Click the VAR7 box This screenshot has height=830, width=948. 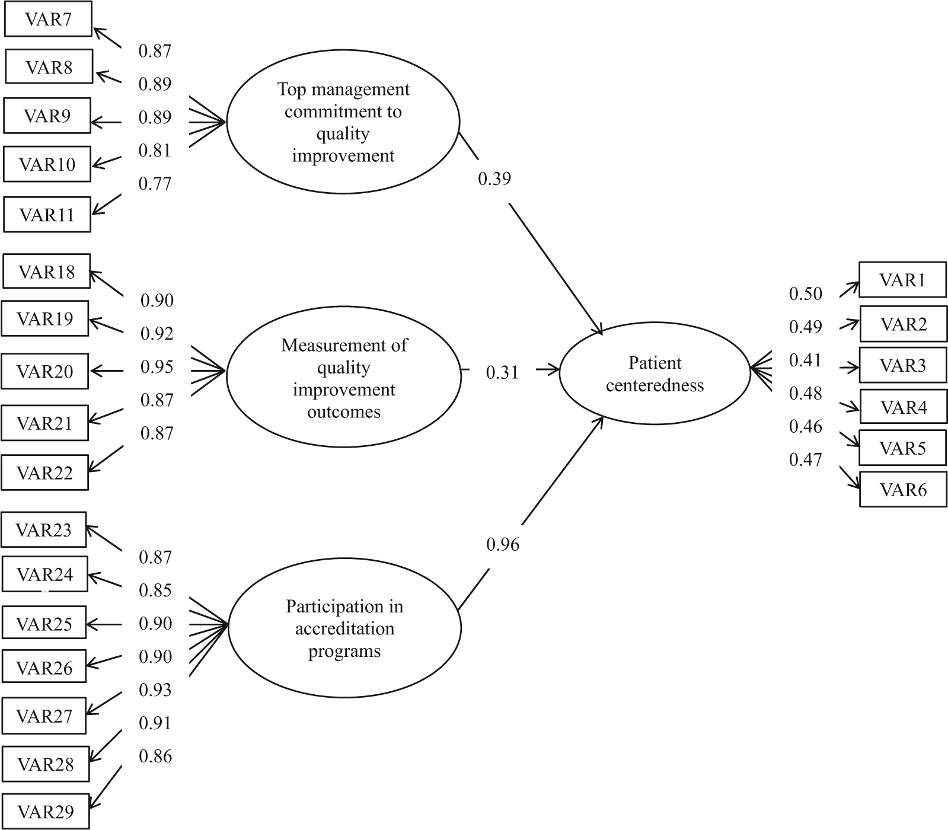click(48, 20)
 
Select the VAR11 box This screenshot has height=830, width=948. click(47, 214)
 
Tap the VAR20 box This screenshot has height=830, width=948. click(45, 371)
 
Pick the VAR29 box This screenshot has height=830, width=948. click(46, 811)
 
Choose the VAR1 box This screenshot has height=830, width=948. click(902, 279)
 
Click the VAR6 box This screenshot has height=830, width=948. click(903, 489)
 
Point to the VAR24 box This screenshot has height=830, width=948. click(45, 574)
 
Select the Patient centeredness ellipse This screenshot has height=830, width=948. click(655, 373)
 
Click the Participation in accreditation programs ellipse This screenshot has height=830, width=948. click(344, 628)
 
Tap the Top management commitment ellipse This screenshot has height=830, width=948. click(343, 122)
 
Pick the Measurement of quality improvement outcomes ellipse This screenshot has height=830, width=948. click(344, 378)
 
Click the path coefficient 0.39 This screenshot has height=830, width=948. click(494, 178)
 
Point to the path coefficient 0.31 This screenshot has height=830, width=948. click(502, 372)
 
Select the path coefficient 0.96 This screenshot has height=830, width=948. click(503, 544)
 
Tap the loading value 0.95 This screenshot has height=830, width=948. click(157, 367)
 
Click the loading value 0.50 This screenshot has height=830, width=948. click(806, 293)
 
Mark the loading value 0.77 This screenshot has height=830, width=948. click(155, 184)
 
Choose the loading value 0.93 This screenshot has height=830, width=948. click(155, 689)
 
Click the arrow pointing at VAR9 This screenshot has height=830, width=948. click(106, 123)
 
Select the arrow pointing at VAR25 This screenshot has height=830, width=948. click(104, 624)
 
